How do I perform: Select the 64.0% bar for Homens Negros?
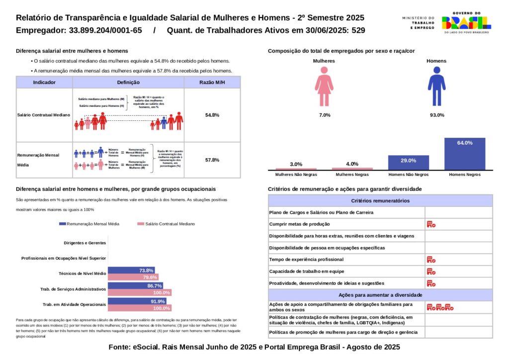465,154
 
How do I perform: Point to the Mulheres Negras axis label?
352,175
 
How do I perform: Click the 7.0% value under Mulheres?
324,115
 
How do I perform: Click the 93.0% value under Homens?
436,115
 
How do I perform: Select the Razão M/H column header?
212,83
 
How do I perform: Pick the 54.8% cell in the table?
212,115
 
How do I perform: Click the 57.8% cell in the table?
212,160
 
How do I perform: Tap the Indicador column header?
44,83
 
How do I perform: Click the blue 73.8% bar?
131,270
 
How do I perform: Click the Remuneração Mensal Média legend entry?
89,224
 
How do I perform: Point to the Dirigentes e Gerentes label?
85,243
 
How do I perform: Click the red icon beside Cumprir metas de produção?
431,224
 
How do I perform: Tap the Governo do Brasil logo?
466,22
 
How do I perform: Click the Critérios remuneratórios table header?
380,201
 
